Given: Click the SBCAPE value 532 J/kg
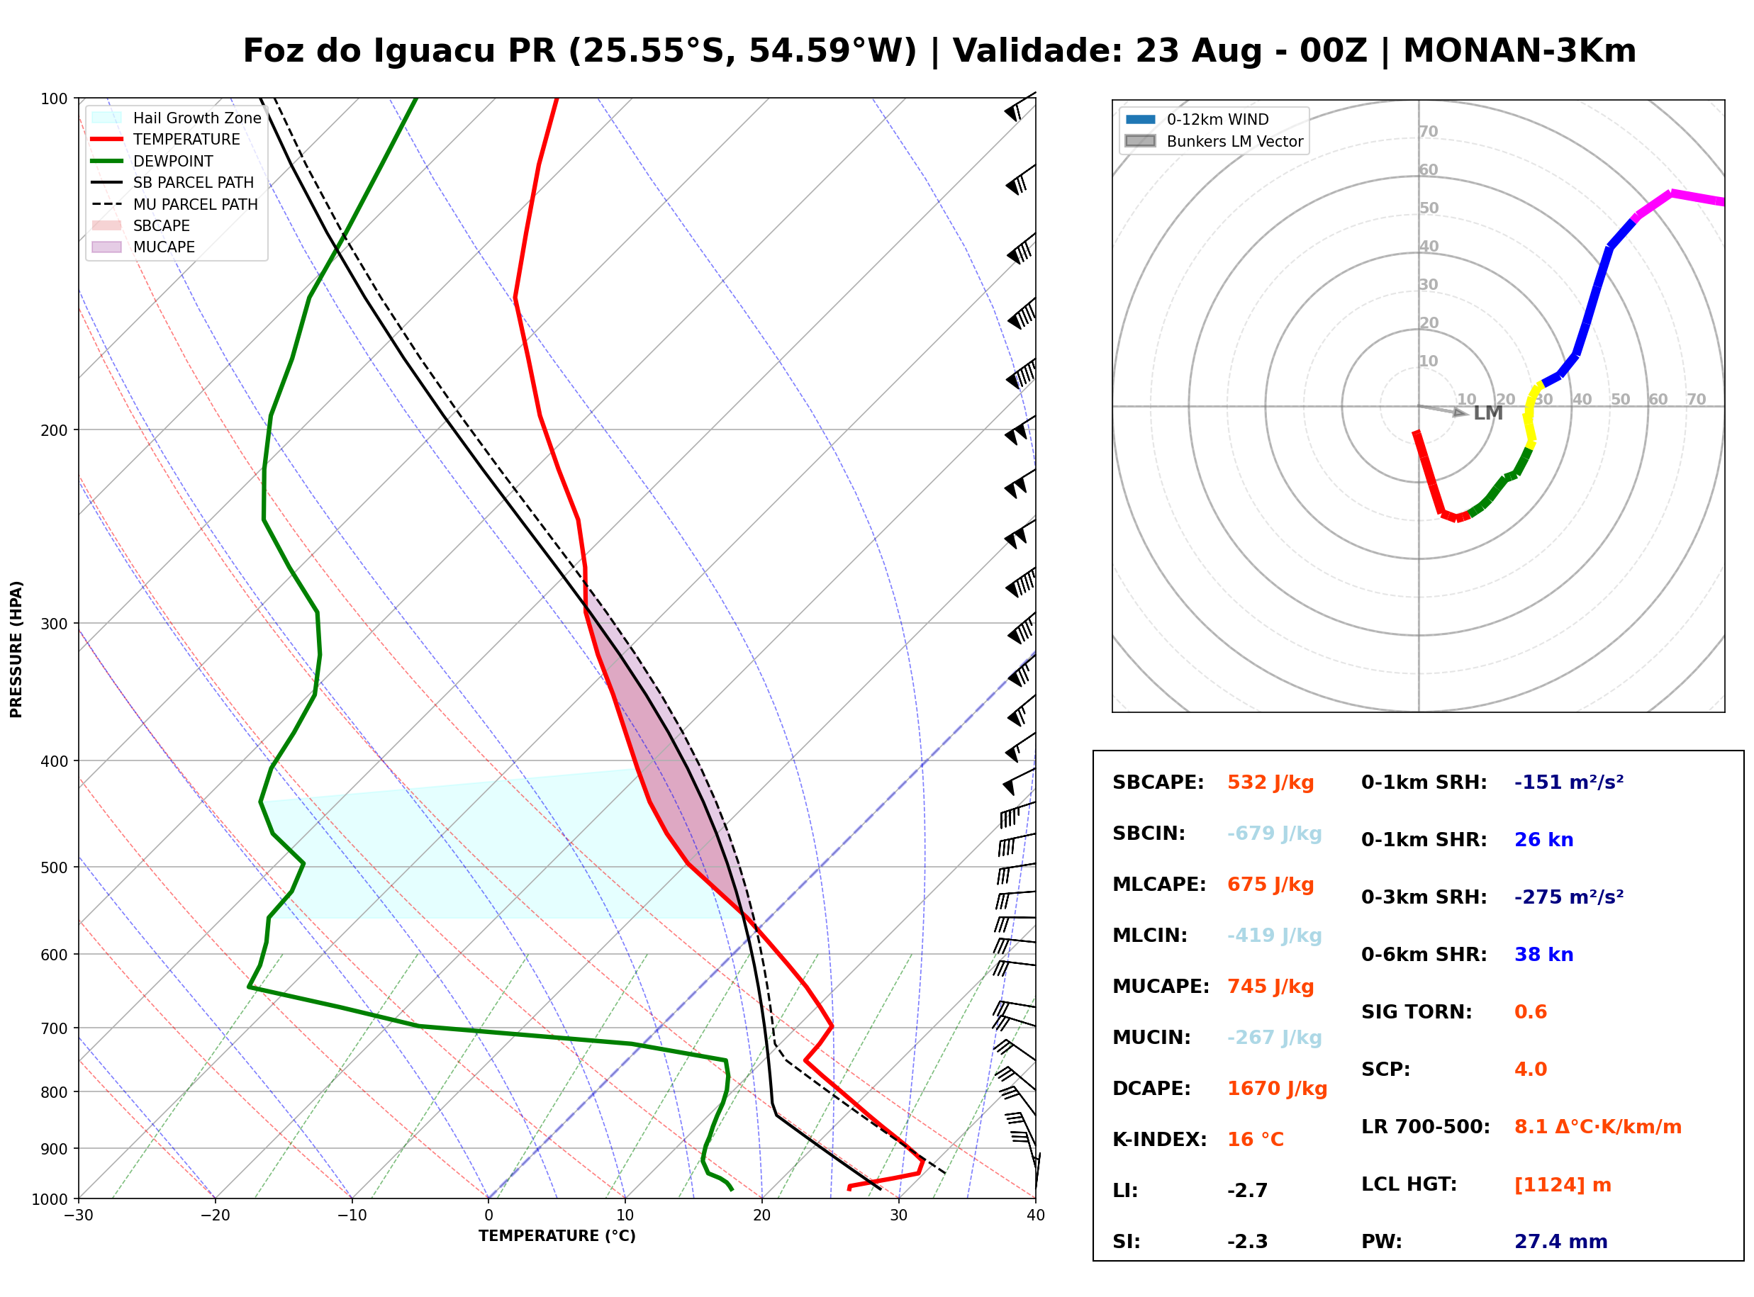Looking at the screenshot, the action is pyautogui.click(x=1270, y=782).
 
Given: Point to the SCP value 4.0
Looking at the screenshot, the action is pyautogui.click(x=1530, y=1069).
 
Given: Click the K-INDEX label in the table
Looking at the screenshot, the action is pyautogui.click(x=1159, y=1140).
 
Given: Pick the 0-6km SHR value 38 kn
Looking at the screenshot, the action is pyautogui.click(x=1543, y=955).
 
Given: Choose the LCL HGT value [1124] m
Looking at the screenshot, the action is pyautogui.click(x=1563, y=1185).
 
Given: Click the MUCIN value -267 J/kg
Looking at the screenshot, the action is pyautogui.click(x=1274, y=1038).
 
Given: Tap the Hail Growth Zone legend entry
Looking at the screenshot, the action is pyautogui.click(x=177, y=118).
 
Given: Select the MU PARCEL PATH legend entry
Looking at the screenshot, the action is pyautogui.click(x=175, y=204).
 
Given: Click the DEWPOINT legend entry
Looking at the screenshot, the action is pyautogui.click(x=152, y=161).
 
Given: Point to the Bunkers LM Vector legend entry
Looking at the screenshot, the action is pyautogui.click(x=1214, y=141).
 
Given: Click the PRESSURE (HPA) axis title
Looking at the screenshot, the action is pyautogui.click(x=16, y=649).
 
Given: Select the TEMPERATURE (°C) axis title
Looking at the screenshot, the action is pyautogui.click(x=557, y=1236).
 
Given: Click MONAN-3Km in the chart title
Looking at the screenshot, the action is pyautogui.click(x=1519, y=51).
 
